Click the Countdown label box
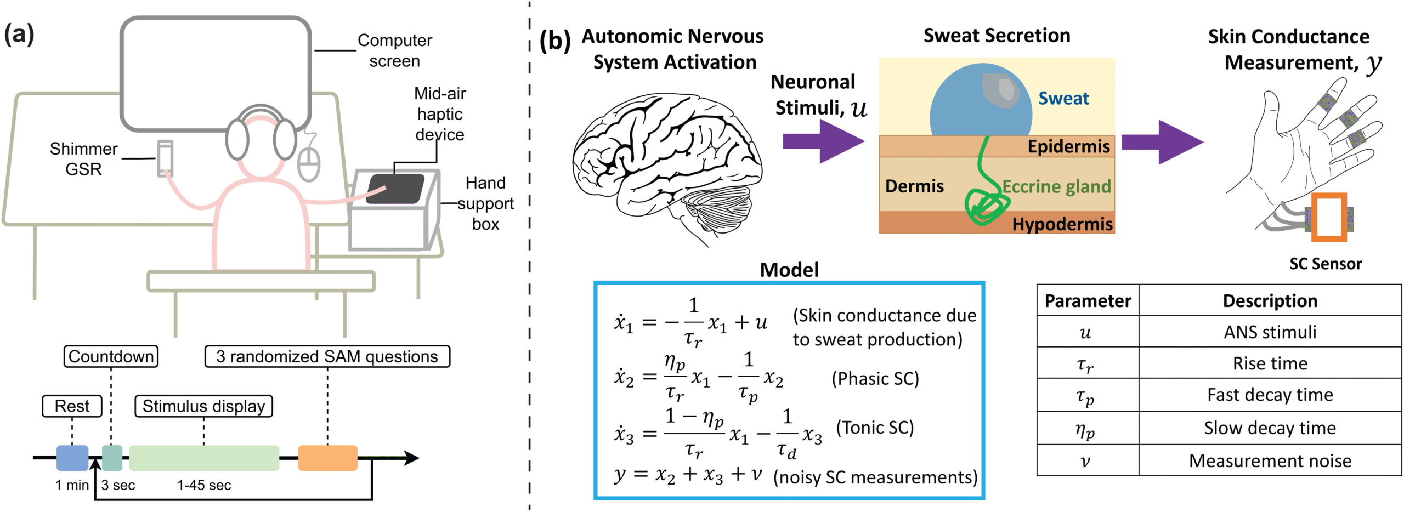tap(111, 356)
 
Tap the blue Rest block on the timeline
tap(72, 458)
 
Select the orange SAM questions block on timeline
tap(327, 458)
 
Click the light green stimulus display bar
tap(204, 458)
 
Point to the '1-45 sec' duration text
tap(204, 485)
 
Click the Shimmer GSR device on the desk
tap(165, 158)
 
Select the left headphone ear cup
tap(237, 140)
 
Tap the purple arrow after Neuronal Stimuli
tap(823, 141)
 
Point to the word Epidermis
tap(1068, 146)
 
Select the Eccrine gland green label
tap(1056, 186)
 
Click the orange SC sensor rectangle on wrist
tap(1328, 217)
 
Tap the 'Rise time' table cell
tap(1270, 363)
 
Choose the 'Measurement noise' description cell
tap(1270, 460)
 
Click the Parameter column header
tap(1087, 300)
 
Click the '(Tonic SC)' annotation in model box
tap(875, 427)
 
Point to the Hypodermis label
tap(1062, 224)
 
